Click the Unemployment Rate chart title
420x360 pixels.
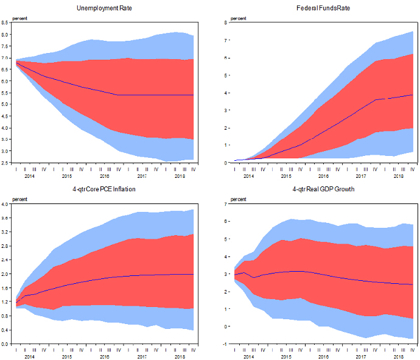[x=103, y=8]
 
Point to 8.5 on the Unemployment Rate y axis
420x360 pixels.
[x=5, y=23]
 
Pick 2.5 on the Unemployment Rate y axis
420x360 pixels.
[x=5, y=163]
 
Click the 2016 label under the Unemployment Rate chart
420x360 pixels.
[x=104, y=176]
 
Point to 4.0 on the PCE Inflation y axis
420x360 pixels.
[x=5, y=203]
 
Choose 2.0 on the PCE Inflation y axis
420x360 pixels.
[x=5, y=274]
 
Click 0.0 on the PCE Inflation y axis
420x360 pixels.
[x=5, y=344]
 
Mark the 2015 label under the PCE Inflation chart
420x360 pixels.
[x=67, y=356]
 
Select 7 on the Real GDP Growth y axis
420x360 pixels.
[x=226, y=203]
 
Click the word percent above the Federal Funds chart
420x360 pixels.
[x=239, y=18]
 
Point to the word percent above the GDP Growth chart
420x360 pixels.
[x=239, y=199]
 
